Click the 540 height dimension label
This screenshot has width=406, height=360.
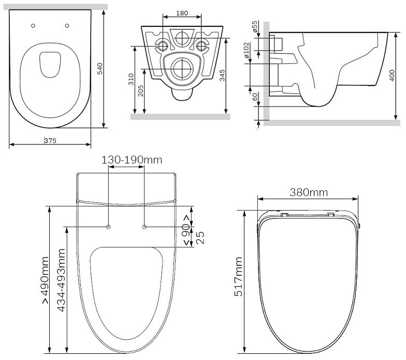99,68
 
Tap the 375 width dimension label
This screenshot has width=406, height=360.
50,141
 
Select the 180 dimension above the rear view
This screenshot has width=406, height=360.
182,13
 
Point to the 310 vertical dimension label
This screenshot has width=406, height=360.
131,80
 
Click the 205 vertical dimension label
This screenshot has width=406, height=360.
141,91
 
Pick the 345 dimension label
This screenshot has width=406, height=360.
222,76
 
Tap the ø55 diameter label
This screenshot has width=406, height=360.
255,26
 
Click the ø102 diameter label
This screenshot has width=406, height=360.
247,50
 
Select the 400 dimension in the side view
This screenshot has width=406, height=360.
392,76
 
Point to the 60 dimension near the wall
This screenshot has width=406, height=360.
255,97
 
